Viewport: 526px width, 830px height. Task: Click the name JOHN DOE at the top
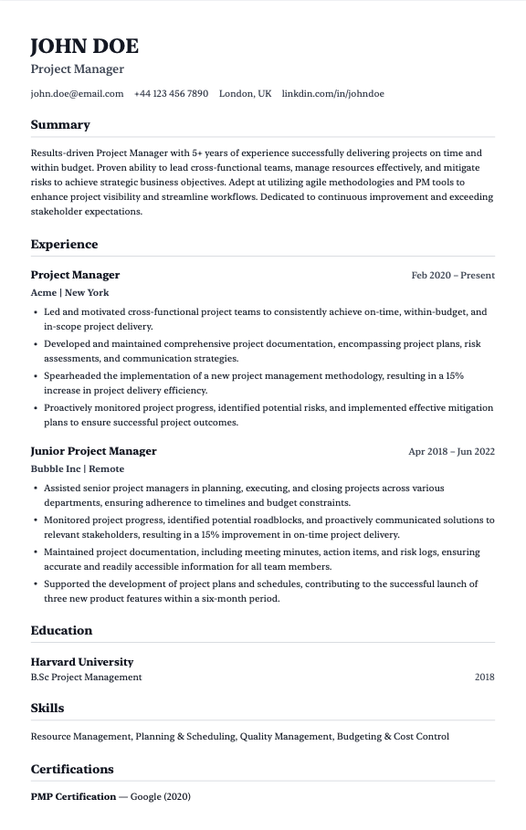click(84, 47)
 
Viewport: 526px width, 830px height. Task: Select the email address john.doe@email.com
click(77, 93)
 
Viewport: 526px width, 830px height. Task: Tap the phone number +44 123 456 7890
click(171, 93)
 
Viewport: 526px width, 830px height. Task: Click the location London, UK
click(245, 93)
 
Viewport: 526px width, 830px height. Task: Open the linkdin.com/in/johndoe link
click(332, 93)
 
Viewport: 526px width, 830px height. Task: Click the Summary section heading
click(60, 125)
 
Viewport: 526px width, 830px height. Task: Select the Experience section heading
click(64, 245)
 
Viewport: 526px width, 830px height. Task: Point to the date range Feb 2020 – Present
click(453, 275)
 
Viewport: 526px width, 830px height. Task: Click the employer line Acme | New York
click(69, 292)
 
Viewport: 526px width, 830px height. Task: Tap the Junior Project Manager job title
click(93, 451)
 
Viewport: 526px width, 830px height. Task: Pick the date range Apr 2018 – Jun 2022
click(451, 451)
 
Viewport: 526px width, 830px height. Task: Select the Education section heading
click(61, 630)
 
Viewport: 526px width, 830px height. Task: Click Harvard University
click(81, 662)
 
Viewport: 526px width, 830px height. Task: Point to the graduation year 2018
click(484, 678)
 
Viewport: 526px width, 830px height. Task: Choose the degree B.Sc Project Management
click(86, 678)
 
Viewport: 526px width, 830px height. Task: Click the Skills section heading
click(47, 708)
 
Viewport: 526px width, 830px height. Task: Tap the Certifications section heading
click(72, 769)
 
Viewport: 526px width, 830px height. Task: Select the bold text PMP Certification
click(73, 797)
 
